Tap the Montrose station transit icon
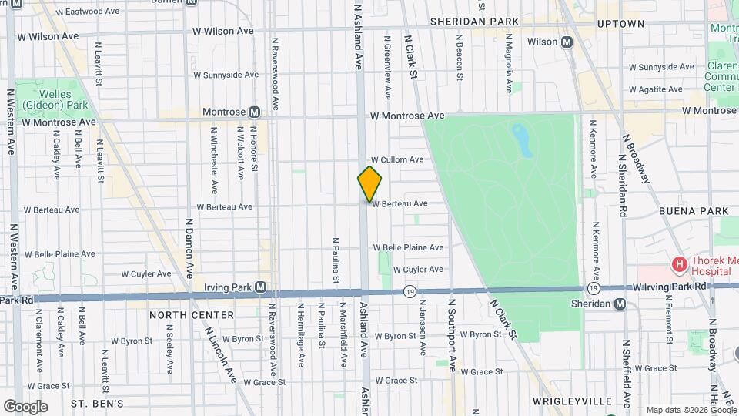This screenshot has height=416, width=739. pyautogui.click(x=253, y=112)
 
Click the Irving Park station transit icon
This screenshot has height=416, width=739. pyautogui.click(x=261, y=287)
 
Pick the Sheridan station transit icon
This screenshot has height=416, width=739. pyautogui.click(x=620, y=304)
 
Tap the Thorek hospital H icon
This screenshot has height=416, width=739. pyautogui.click(x=679, y=266)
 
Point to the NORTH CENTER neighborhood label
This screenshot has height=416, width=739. pyautogui.click(x=192, y=315)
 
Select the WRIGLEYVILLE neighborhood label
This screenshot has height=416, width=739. pyautogui.click(x=572, y=401)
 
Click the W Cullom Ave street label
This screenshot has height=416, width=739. pyautogui.click(x=397, y=159)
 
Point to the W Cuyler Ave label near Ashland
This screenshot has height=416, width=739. pyautogui.click(x=418, y=270)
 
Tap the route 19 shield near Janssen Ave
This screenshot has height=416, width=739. pyautogui.click(x=410, y=292)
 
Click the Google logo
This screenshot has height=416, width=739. pyautogui.click(x=25, y=406)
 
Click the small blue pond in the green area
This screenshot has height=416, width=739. pyautogui.click(x=523, y=140)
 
